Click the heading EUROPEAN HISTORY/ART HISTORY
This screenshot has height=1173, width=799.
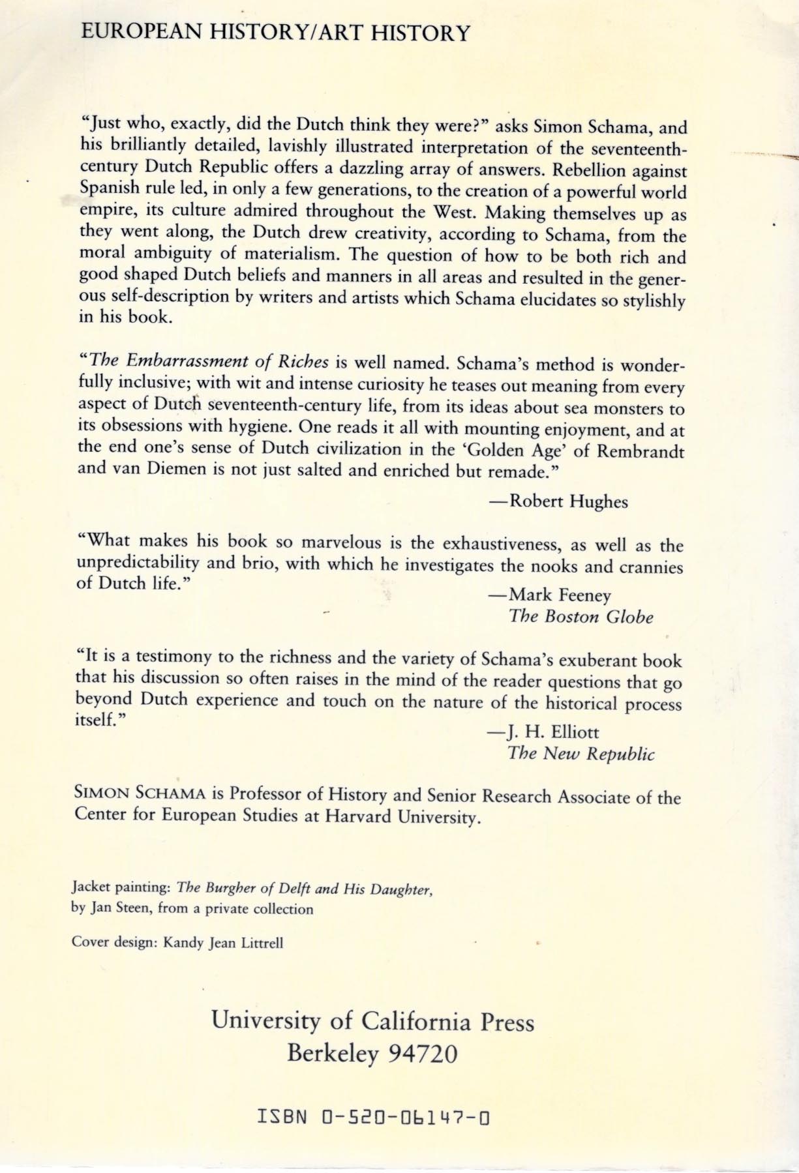pos(274,32)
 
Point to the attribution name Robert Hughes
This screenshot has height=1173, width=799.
pos(568,501)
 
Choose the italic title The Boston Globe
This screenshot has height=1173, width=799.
pos(580,616)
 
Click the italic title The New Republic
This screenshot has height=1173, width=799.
pos(580,753)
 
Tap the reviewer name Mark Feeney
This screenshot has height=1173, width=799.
pos(560,594)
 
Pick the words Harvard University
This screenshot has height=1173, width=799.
pos(399,817)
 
